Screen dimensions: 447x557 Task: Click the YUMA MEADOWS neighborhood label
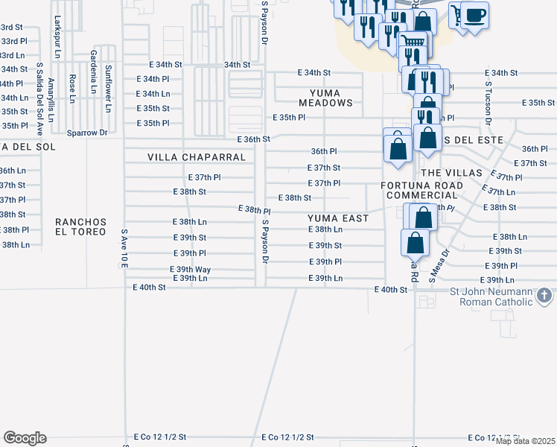(x=325, y=98)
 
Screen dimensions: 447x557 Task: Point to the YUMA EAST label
(x=339, y=218)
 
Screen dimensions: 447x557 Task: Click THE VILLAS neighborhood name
(x=447, y=172)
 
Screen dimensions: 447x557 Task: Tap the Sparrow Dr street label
(x=87, y=133)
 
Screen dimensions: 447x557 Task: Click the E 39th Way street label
(x=191, y=270)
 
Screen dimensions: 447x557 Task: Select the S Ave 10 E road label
(x=124, y=248)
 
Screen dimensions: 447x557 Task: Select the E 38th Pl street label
(x=253, y=211)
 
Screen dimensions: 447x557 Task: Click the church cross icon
(x=545, y=297)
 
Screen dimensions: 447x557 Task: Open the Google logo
(x=25, y=438)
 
